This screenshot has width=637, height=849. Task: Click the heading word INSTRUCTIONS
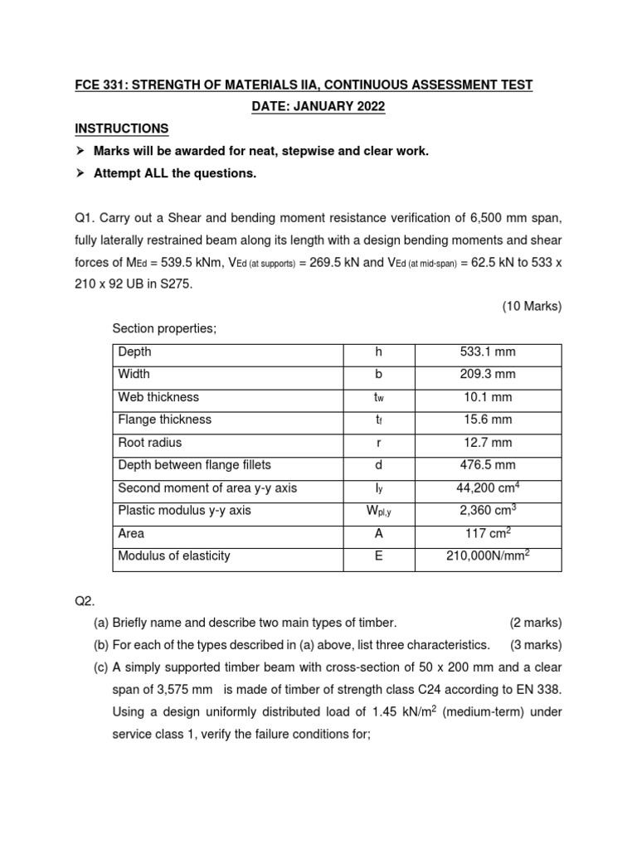click(122, 129)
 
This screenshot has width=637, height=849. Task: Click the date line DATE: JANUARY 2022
click(318, 107)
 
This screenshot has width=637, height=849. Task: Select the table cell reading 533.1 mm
click(488, 352)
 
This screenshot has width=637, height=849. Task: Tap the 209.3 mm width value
click(488, 375)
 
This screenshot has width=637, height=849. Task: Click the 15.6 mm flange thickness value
click(488, 420)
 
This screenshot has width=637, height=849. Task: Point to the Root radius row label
click(150, 443)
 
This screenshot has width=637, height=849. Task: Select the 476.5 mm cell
click(488, 465)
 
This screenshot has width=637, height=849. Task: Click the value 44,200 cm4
click(488, 488)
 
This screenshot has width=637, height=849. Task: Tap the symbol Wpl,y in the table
click(378, 512)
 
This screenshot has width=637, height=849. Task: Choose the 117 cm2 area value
click(488, 533)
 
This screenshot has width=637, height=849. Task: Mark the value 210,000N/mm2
click(488, 556)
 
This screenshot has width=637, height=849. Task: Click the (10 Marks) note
click(532, 306)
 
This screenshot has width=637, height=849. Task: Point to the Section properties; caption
click(164, 328)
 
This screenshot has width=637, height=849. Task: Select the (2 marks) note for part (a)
click(535, 623)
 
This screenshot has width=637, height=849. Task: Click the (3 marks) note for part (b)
click(535, 645)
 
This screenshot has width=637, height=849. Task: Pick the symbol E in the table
click(378, 556)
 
